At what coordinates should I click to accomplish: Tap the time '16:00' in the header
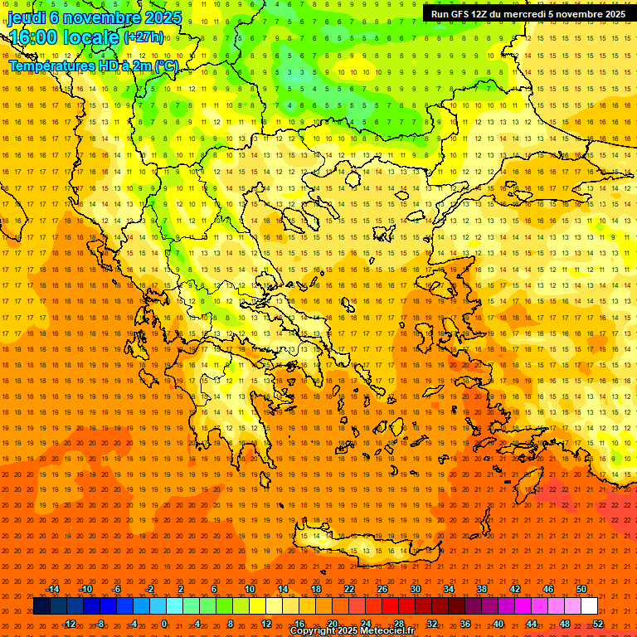[34, 37]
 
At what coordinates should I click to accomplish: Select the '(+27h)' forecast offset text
[143, 37]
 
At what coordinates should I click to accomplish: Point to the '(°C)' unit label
[165, 66]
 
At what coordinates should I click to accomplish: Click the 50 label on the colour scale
[581, 589]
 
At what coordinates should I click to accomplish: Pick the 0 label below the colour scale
[164, 624]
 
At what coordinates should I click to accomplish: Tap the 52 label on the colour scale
[597, 624]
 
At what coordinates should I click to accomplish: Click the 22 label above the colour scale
[349, 589]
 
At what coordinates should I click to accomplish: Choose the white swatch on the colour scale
[589, 606]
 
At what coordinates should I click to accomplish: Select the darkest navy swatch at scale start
[41, 606]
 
